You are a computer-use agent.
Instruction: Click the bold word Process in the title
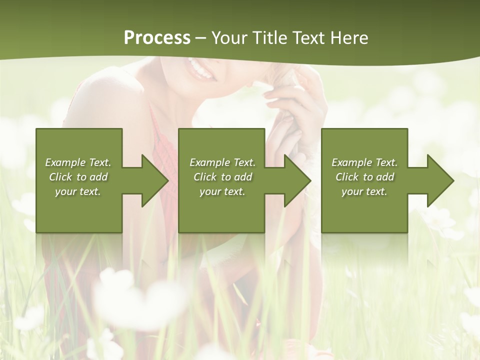[157, 38]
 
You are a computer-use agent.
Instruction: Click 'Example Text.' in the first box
[78, 162]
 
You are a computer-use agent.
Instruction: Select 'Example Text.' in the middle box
[222, 162]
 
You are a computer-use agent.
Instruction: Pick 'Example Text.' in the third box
[364, 162]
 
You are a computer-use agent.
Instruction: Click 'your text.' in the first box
[78, 191]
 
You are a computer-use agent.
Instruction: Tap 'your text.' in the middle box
[222, 191]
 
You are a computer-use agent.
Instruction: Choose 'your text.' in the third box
[364, 191]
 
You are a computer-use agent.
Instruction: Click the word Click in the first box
[61, 177]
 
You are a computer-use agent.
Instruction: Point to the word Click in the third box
[347, 177]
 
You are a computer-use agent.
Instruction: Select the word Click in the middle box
[205, 177]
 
